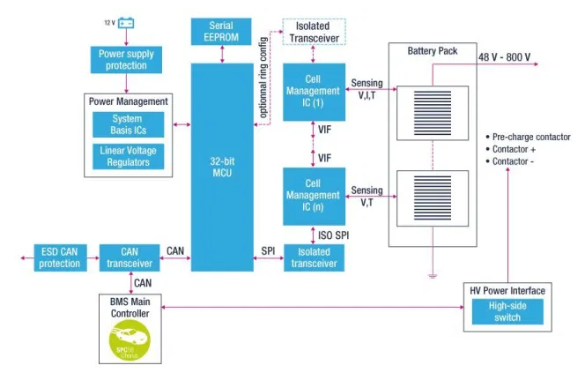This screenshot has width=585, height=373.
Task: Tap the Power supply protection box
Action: [126, 60]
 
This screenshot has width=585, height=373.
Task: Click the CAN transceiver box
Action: [129, 257]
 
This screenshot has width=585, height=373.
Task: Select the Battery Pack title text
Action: [432, 51]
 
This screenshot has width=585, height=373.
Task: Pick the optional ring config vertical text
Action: [264, 77]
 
